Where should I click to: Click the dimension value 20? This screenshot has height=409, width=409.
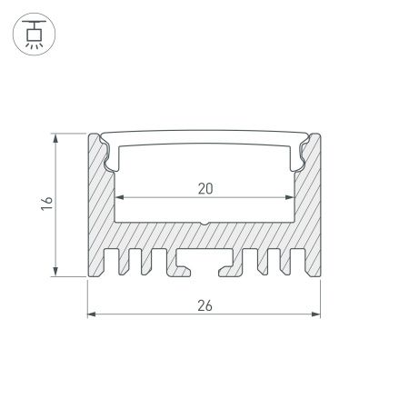[204, 189]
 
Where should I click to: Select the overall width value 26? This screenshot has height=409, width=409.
[204, 306]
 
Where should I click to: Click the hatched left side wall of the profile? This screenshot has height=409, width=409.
[101, 218]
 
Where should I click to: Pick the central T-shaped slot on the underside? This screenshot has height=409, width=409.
[205, 266]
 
